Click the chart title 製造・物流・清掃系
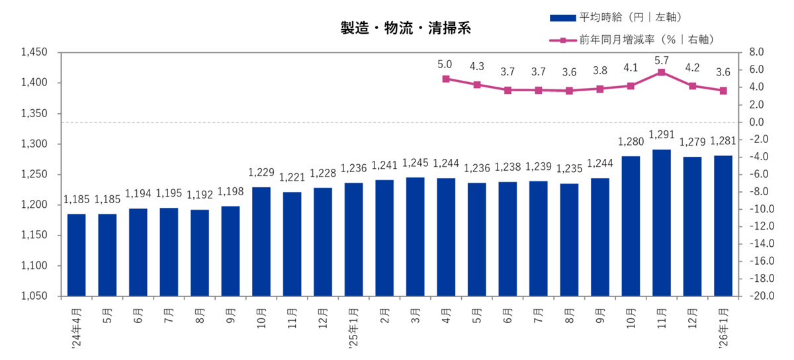click(x=406, y=29)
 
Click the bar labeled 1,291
click(x=661, y=223)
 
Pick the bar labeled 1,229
click(x=261, y=242)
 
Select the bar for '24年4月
click(x=76, y=255)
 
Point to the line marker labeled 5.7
click(x=661, y=72)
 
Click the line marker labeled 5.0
click(x=445, y=79)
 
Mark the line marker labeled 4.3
click(x=476, y=85)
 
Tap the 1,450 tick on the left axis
click(x=34, y=52)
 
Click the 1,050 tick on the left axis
click(x=34, y=296)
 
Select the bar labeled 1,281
click(x=723, y=226)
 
